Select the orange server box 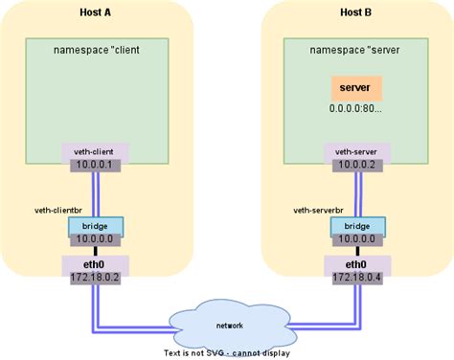355,88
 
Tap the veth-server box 355,151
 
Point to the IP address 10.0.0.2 355,166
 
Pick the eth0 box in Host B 355,263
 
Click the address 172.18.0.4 355,278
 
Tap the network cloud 228,325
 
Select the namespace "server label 355,48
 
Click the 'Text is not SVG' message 227,352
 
